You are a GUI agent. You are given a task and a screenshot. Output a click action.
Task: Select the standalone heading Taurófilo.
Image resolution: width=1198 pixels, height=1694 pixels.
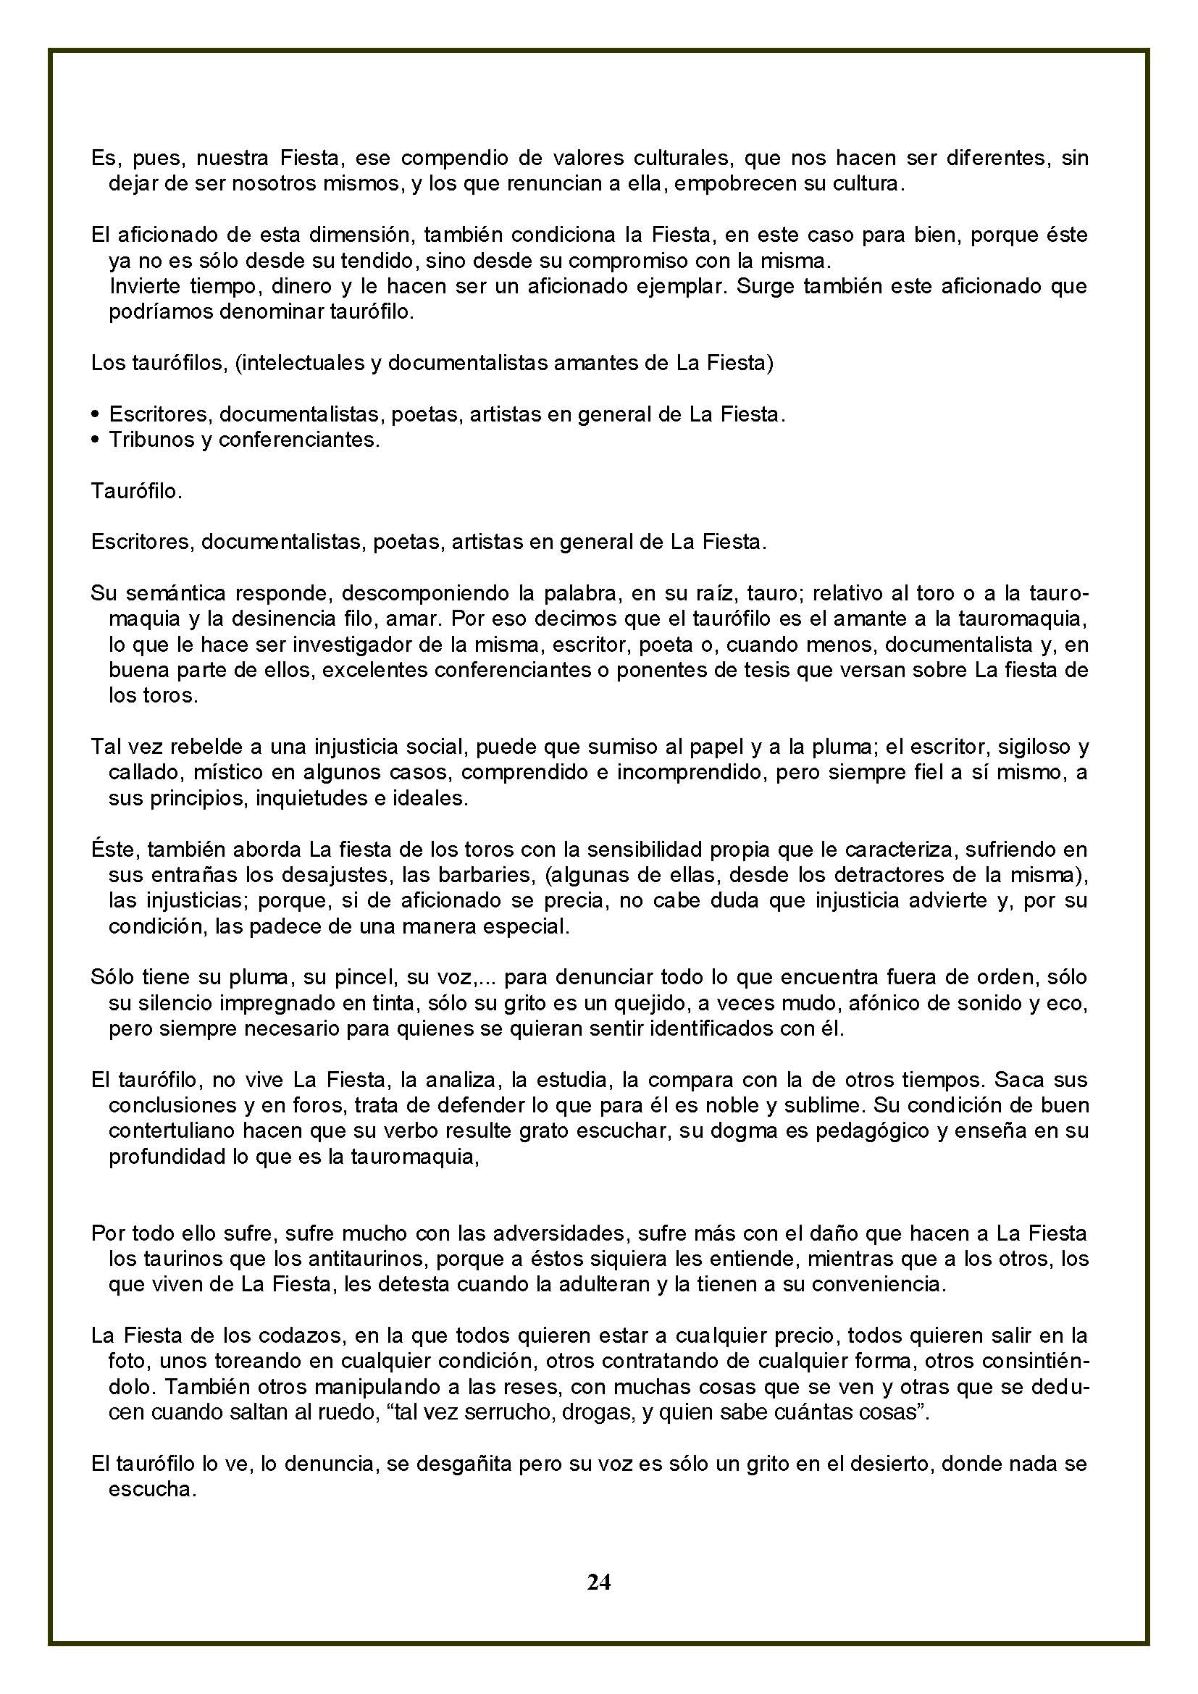pyautogui.click(x=136, y=491)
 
